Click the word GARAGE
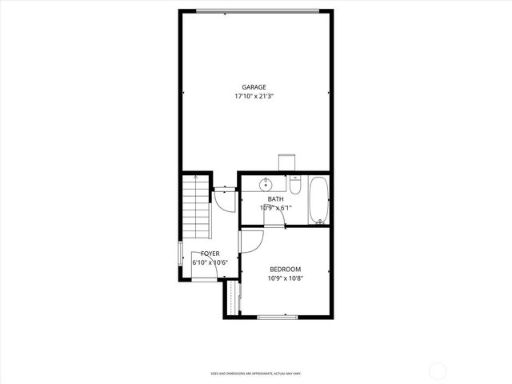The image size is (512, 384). pyautogui.click(x=254, y=87)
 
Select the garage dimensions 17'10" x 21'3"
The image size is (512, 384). pyautogui.click(x=254, y=96)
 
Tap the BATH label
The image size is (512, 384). pyautogui.click(x=275, y=199)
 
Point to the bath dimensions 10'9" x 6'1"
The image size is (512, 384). pyautogui.click(x=275, y=208)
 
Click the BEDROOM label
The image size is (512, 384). pyautogui.click(x=285, y=269)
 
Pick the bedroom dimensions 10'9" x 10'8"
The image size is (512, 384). pyautogui.click(x=285, y=278)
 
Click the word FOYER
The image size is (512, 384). pyautogui.click(x=210, y=254)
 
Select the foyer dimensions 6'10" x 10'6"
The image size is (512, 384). pyautogui.click(x=210, y=262)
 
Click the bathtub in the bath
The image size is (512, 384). pyautogui.click(x=318, y=200)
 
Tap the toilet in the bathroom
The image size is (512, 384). pyautogui.click(x=295, y=186)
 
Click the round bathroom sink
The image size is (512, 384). pyautogui.click(x=266, y=186)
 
